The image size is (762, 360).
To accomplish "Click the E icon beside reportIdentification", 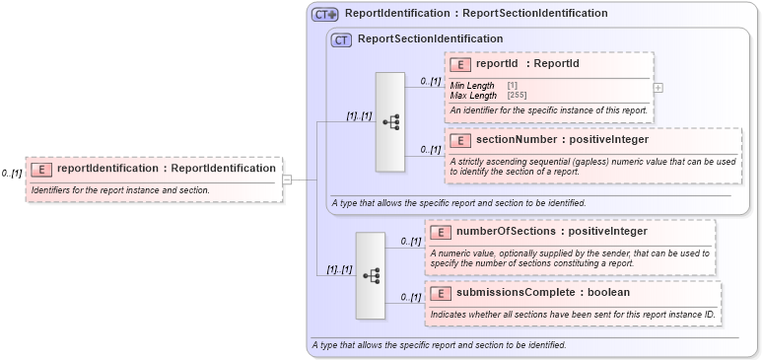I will click(41, 169).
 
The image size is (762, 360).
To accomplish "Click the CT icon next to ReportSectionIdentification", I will click(341, 39).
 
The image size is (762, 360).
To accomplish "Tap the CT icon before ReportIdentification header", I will click(324, 14).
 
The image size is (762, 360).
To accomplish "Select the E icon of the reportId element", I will click(459, 64).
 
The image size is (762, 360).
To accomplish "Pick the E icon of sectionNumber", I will click(459, 140).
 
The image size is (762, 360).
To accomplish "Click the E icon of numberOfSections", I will click(441, 232).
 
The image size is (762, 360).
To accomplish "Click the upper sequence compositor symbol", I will click(390, 122).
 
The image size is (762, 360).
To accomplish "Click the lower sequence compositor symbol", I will click(371, 276).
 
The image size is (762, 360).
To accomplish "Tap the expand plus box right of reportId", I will click(658, 88).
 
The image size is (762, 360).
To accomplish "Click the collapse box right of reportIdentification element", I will click(287, 180).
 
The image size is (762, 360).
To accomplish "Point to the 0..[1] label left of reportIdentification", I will click(12, 174).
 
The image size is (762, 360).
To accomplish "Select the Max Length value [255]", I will click(517, 96).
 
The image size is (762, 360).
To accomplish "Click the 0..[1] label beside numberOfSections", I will click(410, 241).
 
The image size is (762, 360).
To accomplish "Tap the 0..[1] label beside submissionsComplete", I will click(410, 297).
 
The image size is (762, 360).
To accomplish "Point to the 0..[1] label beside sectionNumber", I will click(430, 149).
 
